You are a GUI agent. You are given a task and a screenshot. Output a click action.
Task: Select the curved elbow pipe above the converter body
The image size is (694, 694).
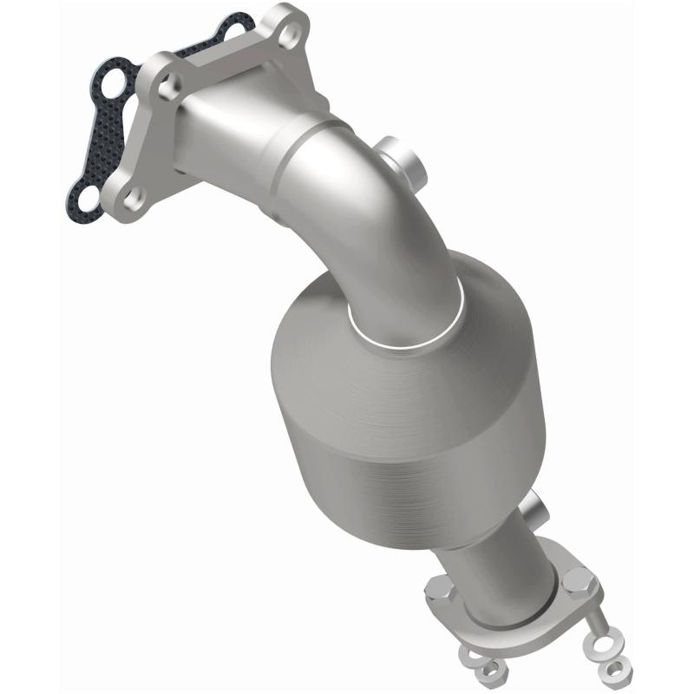pos(364,200)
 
